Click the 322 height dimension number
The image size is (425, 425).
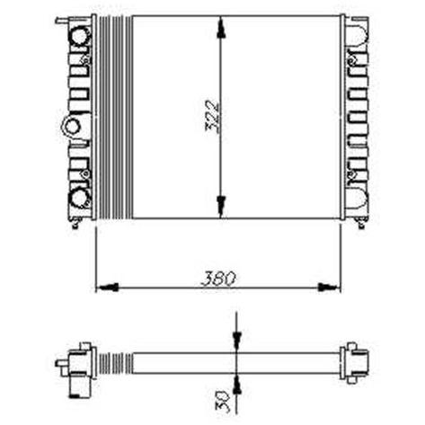(212, 116)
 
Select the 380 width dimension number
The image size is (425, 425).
(217, 279)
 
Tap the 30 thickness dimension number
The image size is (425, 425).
(222, 401)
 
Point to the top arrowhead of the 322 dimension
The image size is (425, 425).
(221, 27)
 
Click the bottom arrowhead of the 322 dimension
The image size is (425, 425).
(221, 207)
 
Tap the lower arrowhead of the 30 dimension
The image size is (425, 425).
(237, 385)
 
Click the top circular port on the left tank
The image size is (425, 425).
(80, 36)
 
